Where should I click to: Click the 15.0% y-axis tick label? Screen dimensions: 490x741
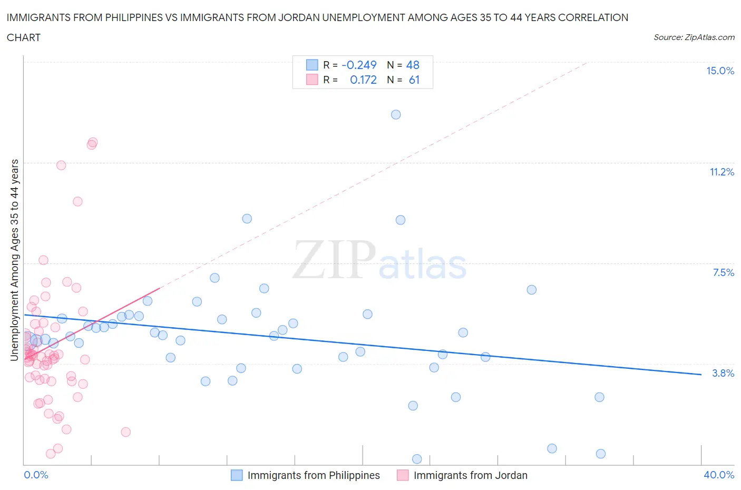click(x=720, y=71)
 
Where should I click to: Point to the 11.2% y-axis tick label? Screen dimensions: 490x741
click(x=721, y=172)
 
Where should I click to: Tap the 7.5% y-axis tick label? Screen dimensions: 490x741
click(x=723, y=273)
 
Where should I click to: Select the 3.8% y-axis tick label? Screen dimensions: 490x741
click(x=723, y=374)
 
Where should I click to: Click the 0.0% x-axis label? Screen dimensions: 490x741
click(x=36, y=475)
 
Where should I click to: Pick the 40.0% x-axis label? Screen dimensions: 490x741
click(x=719, y=475)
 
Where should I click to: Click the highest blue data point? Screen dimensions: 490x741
click(x=396, y=115)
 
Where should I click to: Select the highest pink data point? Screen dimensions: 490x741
click(x=93, y=142)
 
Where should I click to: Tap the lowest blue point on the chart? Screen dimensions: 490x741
click(x=417, y=459)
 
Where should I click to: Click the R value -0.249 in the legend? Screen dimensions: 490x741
click(x=359, y=65)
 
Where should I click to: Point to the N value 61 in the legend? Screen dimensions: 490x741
click(x=414, y=80)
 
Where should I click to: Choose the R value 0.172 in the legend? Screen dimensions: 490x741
click(x=363, y=80)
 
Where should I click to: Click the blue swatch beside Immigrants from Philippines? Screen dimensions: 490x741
click(x=237, y=475)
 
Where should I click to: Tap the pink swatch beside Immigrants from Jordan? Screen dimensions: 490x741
click(x=403, y=475)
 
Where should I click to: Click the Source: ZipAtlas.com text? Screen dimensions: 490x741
click(x=694, y=37)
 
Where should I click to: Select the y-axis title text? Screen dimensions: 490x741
click(x=15, y=260)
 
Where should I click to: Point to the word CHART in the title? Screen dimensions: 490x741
click(x=24, y=37)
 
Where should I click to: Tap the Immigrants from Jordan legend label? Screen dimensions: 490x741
click(x=470, y=475)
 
